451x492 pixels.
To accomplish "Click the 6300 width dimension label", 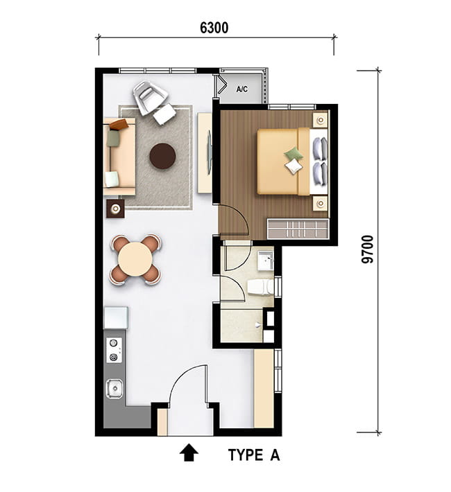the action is (214, 28).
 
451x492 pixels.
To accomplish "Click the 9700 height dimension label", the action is (368, 249).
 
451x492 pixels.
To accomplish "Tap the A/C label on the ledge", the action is (241, 89).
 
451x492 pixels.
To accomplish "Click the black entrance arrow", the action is (189, 452).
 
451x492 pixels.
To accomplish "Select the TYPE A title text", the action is (254, 455).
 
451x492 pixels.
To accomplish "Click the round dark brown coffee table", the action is (162, 156).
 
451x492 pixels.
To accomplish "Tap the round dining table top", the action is (135, 259).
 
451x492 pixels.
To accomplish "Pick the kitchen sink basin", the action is (114, 389).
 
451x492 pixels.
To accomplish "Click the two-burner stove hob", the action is (114, 350).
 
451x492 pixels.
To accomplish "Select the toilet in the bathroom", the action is (261, 287).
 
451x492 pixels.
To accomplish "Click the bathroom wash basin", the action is (266, 260).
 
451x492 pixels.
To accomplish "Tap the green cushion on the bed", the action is (293, 155).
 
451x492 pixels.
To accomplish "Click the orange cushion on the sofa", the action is (119, 125).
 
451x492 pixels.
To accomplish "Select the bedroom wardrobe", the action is (298, 229).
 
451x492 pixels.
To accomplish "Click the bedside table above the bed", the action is (321, 120).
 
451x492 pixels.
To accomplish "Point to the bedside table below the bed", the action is (321, 203).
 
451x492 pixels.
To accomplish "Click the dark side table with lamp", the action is (116, 209).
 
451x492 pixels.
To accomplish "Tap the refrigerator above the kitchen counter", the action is (116, 318).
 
